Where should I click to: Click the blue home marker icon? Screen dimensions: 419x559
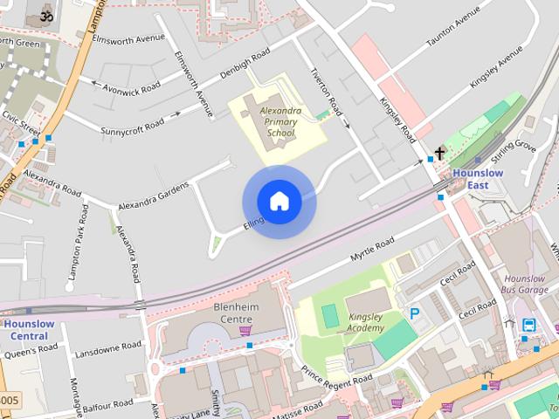279,202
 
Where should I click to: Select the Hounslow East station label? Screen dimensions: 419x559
479,179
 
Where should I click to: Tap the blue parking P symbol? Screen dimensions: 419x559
415,313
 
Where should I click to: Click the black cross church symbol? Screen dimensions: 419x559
439,154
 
